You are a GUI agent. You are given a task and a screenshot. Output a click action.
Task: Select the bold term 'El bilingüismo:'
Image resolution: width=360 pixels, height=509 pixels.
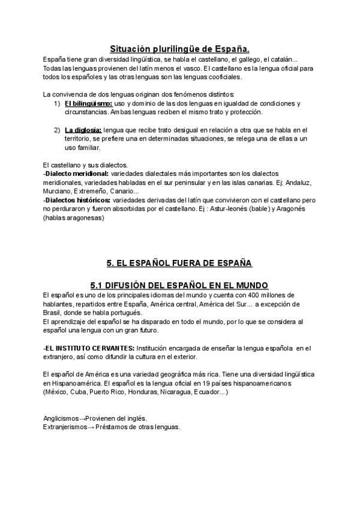point(89,104)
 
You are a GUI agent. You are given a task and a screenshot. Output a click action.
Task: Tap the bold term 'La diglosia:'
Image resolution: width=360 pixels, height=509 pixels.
point(83,130)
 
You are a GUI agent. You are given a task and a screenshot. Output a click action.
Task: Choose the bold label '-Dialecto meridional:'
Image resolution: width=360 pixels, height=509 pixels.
point(76,173)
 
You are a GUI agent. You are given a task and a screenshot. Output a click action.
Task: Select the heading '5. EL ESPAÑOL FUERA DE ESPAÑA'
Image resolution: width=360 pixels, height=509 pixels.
point(179,263)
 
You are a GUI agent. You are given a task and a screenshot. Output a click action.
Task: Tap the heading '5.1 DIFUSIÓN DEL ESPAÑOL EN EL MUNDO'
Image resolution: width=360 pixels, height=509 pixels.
point(179,285)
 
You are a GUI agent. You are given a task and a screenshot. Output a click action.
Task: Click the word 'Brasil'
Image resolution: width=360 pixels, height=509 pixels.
point(52,313)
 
